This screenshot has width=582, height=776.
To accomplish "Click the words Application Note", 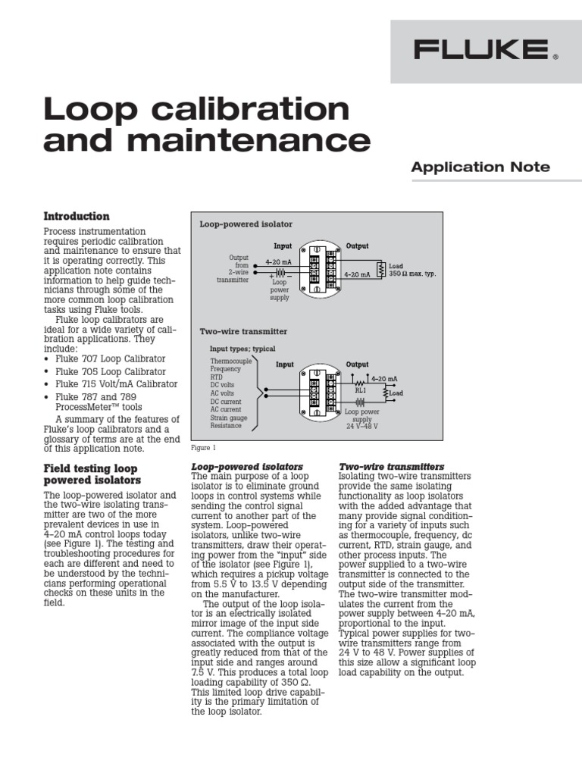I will click(480, 167).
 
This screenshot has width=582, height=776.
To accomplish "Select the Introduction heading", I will click(77, 216).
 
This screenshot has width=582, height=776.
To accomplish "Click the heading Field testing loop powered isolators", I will click(93, 474).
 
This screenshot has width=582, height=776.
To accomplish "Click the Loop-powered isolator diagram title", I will click(246, 225).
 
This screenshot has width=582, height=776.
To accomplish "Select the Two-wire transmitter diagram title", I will click(243, 331).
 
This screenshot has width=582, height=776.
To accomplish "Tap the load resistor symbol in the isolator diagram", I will click(383, 267).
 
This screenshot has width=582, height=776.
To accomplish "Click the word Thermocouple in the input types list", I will click(231, 361).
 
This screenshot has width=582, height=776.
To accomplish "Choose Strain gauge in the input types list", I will click(228, 417).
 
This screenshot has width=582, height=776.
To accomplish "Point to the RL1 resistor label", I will click(361, 390).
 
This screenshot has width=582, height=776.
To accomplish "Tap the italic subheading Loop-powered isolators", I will click(247, 466).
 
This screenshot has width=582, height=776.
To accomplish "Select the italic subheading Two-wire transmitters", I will click(391, 466).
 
